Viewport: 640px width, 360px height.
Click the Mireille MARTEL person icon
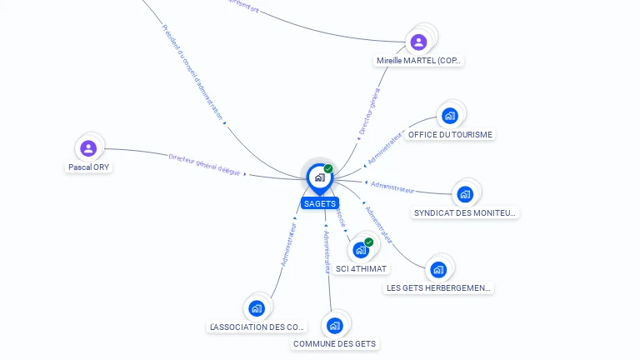418,42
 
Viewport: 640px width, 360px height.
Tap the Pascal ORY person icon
88,149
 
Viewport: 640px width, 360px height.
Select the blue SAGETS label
320,203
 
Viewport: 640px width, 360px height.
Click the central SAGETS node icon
319,177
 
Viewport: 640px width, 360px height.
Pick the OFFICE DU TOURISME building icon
450,116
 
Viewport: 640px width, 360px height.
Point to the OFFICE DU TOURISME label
450,135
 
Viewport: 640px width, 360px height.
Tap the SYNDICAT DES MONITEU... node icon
465,194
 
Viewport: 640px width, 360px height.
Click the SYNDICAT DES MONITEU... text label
466,213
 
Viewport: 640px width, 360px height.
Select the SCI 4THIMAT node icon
360,249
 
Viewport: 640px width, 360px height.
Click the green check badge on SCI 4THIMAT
368,242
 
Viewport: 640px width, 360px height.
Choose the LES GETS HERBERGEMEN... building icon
438,269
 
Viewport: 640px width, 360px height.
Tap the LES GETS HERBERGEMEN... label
439,288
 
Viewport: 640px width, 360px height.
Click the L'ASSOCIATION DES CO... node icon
257,308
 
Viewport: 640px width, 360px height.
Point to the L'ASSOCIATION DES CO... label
257,327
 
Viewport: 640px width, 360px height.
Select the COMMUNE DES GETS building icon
334,325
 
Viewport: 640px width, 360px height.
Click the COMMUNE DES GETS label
334,344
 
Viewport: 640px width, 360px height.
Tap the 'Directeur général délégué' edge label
204,164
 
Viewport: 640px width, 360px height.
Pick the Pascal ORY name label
88,167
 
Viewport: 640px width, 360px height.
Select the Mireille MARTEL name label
418,61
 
